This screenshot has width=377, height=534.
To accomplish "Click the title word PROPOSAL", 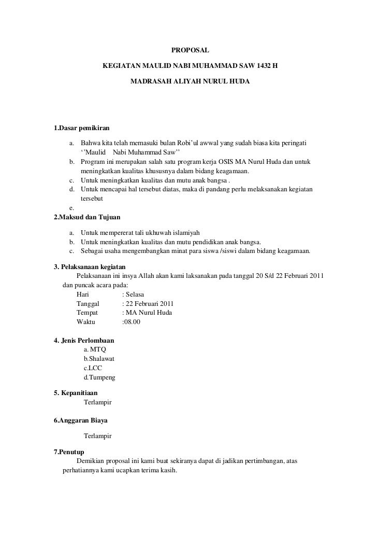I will coord(190,51).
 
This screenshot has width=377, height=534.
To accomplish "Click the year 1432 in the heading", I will coord(256,67).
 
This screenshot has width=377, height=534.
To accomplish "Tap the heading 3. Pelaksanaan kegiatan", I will coord(90,266).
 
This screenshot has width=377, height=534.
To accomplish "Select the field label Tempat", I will coord(87,313).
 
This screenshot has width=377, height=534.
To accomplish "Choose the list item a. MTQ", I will coord(95,350).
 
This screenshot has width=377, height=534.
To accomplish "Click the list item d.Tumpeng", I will coord(99,378).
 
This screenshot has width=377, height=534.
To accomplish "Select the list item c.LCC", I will coord(93,369).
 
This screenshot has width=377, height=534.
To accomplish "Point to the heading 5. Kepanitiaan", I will coord(76,392).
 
